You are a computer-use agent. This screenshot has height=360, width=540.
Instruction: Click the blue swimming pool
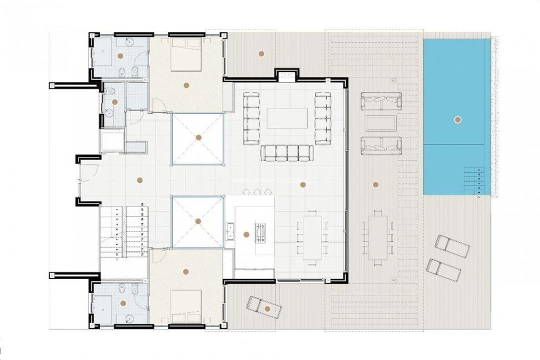[x=457, y=100]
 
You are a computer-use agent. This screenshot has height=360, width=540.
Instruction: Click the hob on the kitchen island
[x=260, y=233]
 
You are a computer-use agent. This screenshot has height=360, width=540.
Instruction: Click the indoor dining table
[x=312, y=236]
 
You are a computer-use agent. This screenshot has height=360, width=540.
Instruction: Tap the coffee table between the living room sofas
[x=286, y=118]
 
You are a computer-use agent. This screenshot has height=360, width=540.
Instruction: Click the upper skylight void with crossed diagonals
[x=197, y=138]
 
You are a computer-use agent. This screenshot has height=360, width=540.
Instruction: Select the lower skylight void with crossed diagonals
[x=197, y=221]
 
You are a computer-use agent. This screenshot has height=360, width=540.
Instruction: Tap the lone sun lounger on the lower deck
[x=264, y=307]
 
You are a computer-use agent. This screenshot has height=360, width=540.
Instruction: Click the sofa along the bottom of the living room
[x=286, y=153]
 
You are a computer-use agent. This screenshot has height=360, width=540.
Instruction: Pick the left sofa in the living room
[x=251, y=119]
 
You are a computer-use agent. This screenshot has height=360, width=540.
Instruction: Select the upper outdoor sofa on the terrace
[x=380, y=101]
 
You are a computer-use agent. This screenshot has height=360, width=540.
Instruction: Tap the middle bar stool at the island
[x=256, y=191]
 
